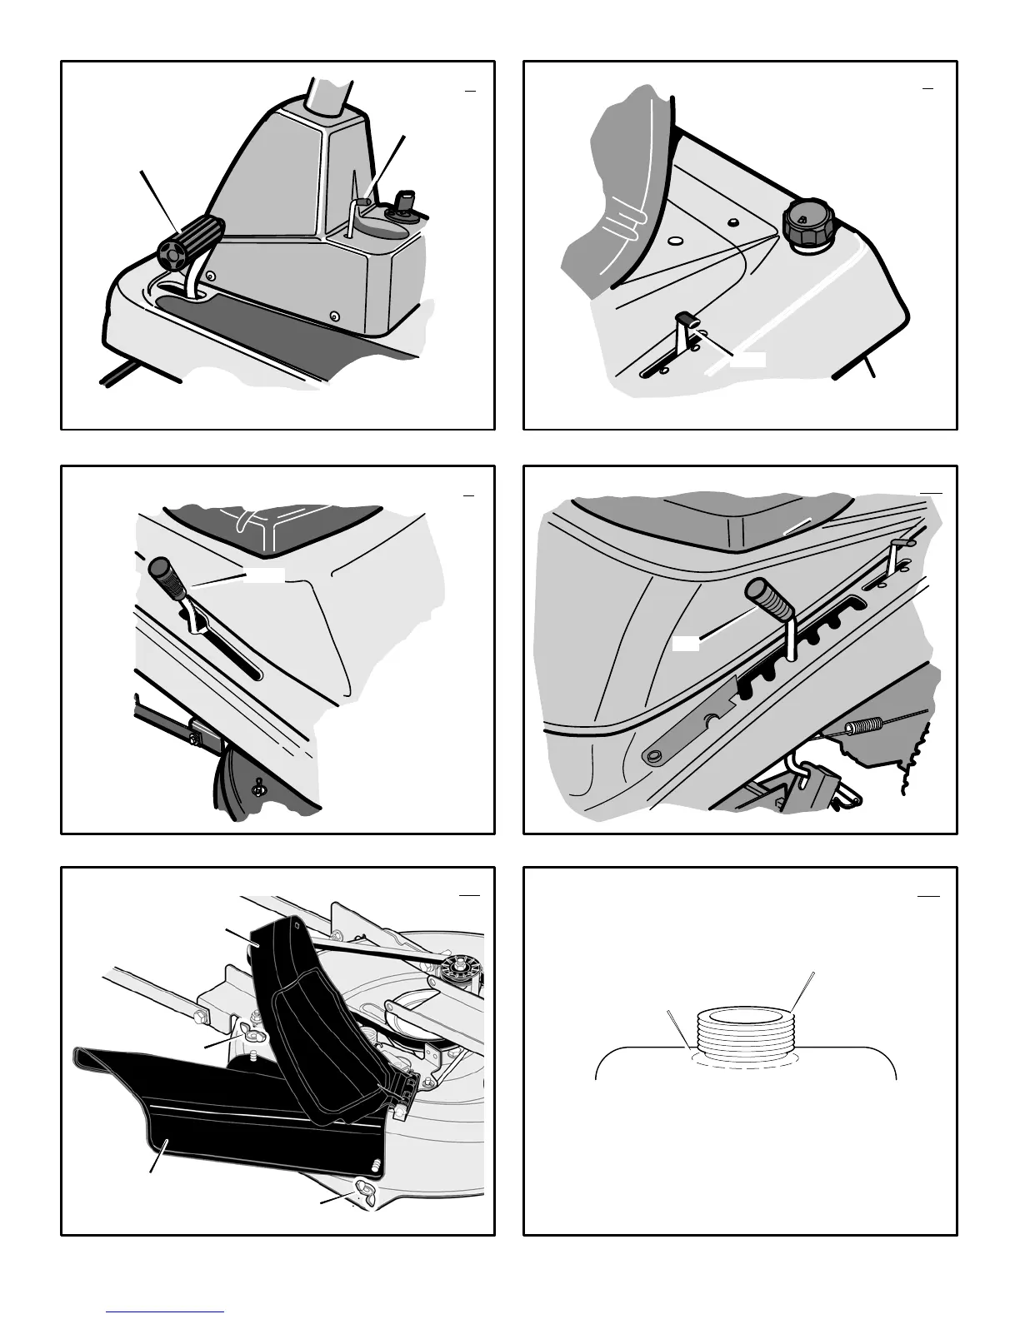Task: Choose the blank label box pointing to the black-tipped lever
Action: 747,359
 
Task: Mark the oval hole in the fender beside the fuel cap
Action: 676,241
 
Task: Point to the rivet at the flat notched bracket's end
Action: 654,754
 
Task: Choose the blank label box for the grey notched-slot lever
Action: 685,644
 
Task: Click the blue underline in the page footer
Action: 165,1312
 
